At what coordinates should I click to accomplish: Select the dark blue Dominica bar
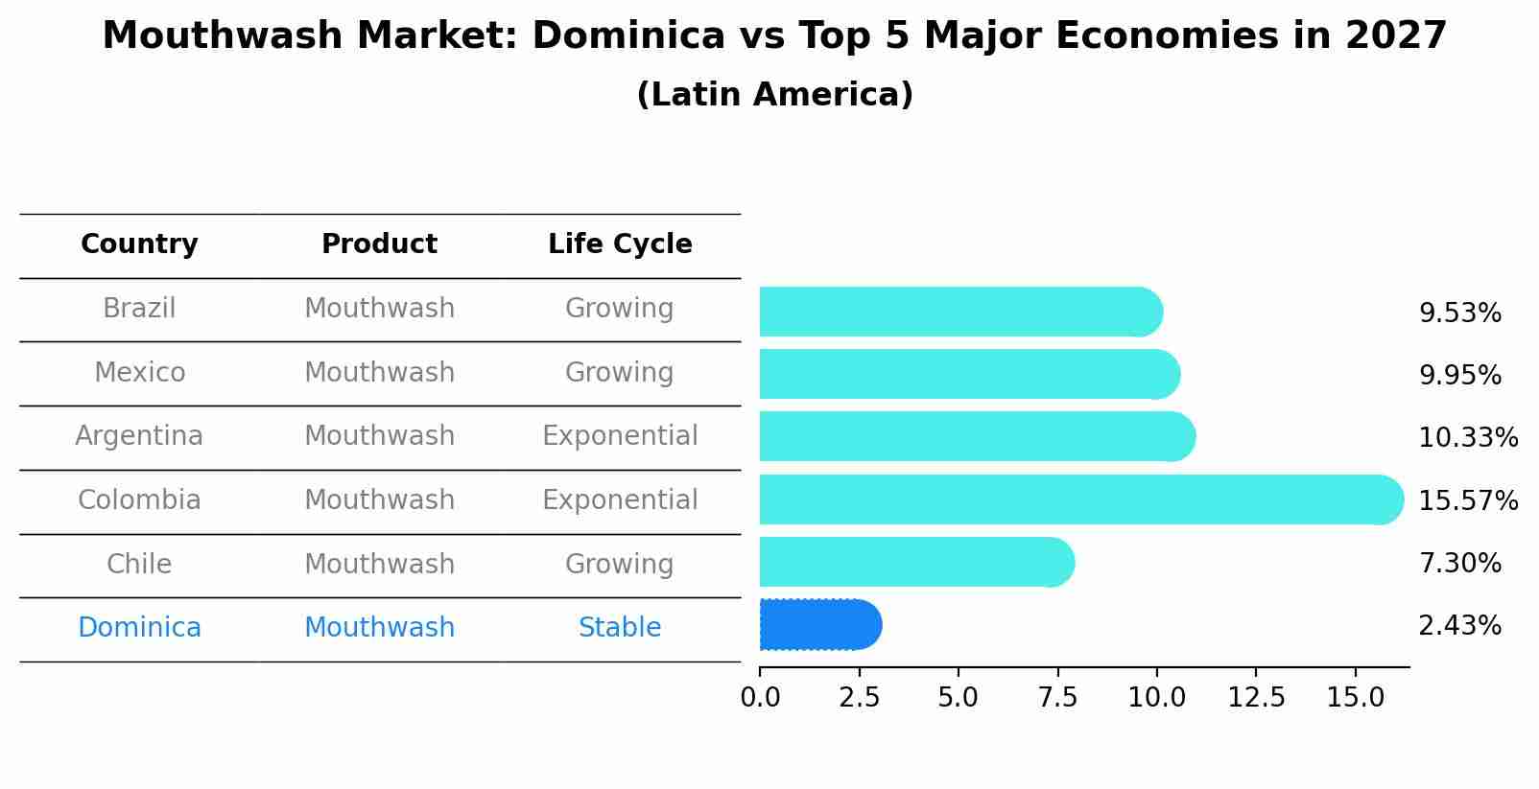click(818, 625)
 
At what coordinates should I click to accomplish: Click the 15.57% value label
click(1467, 501)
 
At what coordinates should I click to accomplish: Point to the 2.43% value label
click(1458, 626)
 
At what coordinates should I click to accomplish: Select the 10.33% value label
click(1467, 438)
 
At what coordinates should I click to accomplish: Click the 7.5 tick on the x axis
click(1057, 698)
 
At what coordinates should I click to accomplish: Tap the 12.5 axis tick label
click(1256, 698)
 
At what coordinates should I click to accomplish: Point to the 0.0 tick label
click(760, 698)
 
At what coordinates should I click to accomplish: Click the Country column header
click(139, 244)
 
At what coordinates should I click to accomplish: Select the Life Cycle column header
click(620, 244)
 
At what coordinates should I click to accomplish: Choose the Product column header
click(379, 244)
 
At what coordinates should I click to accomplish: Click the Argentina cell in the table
click(139, 436)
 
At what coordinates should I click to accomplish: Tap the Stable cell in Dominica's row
click(620, 628)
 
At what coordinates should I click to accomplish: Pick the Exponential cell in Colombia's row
click(620, 500)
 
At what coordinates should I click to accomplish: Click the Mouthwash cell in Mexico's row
click(379, 373)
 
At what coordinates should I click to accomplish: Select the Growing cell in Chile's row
click(620, 565)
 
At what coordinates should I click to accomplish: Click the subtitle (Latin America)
click(774, 95)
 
